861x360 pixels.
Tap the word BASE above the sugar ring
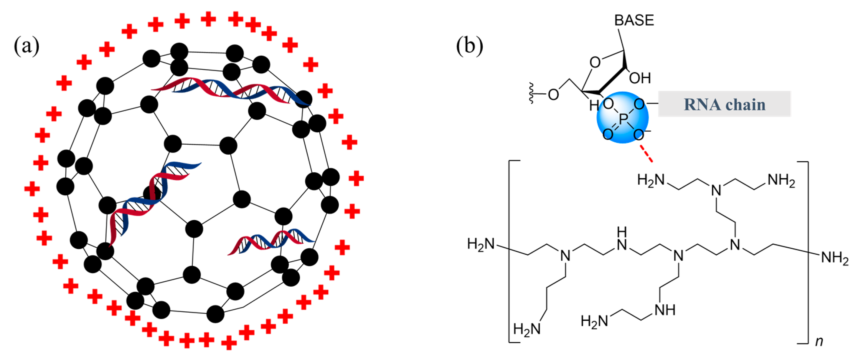tap(634, 21)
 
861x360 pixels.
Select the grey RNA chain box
tap(724, 104)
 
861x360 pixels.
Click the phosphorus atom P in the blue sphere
tap(623, 119)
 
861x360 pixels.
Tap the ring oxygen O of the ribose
tap(595, 62)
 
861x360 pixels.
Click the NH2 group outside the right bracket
tap(834, 258)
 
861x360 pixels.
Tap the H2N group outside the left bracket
tap(481, 244)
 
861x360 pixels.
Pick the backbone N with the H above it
tap(622, 245)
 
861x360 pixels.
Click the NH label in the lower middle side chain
tap(665, 310)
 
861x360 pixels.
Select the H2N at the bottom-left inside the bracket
tap(527, 329)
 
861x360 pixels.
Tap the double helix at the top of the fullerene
tap(231, 90)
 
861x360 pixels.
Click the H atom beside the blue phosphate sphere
tap(594, 106)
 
